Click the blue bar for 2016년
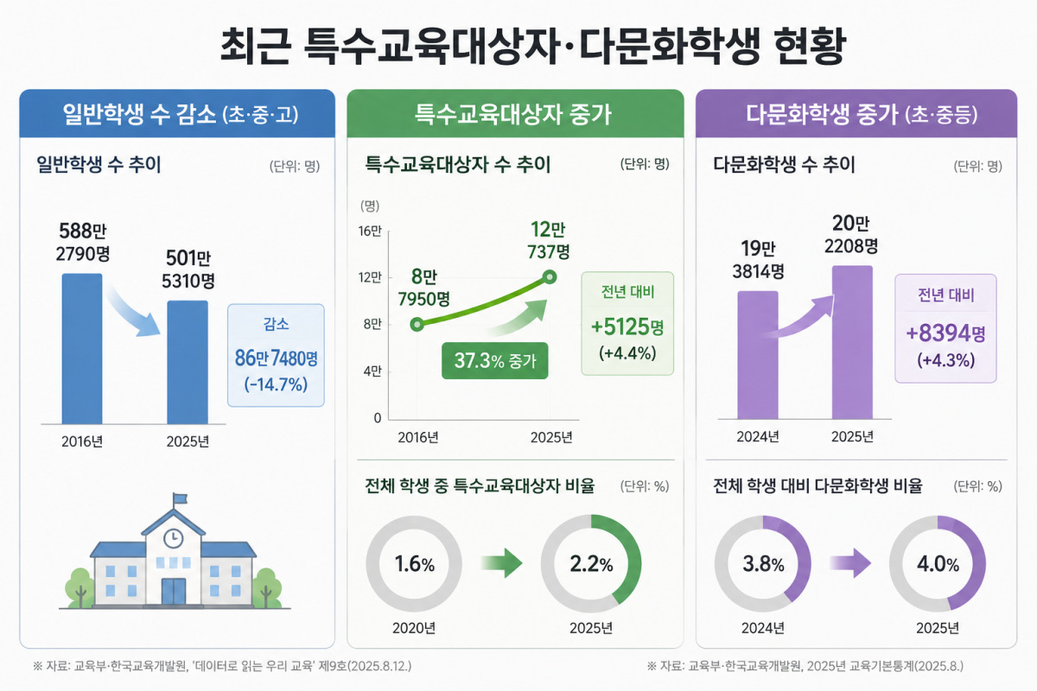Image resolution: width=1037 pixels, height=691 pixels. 82,348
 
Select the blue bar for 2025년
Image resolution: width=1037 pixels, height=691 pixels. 188,363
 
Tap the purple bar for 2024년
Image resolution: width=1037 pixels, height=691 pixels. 758,355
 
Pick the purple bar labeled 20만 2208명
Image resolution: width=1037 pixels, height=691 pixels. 852,343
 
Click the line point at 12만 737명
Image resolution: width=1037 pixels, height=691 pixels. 550,277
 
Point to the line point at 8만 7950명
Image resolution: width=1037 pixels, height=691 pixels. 417,325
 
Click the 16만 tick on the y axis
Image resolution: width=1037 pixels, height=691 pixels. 370,231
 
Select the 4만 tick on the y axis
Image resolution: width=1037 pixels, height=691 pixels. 372,371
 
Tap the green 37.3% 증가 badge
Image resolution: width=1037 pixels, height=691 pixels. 495,360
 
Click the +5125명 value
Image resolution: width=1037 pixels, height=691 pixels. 627,326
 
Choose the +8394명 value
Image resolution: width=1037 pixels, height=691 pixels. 945,333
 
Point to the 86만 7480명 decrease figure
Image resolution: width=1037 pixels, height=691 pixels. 276,358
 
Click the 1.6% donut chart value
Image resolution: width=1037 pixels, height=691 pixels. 414,564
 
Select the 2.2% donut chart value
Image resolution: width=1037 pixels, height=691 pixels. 591,564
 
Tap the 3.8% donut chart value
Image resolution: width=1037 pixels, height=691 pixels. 763,564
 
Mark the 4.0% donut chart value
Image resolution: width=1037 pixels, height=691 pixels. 938,564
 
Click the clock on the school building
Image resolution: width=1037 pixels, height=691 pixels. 174,538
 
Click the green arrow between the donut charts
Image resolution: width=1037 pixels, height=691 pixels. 502,563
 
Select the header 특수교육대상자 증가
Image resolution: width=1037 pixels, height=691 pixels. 512,114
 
